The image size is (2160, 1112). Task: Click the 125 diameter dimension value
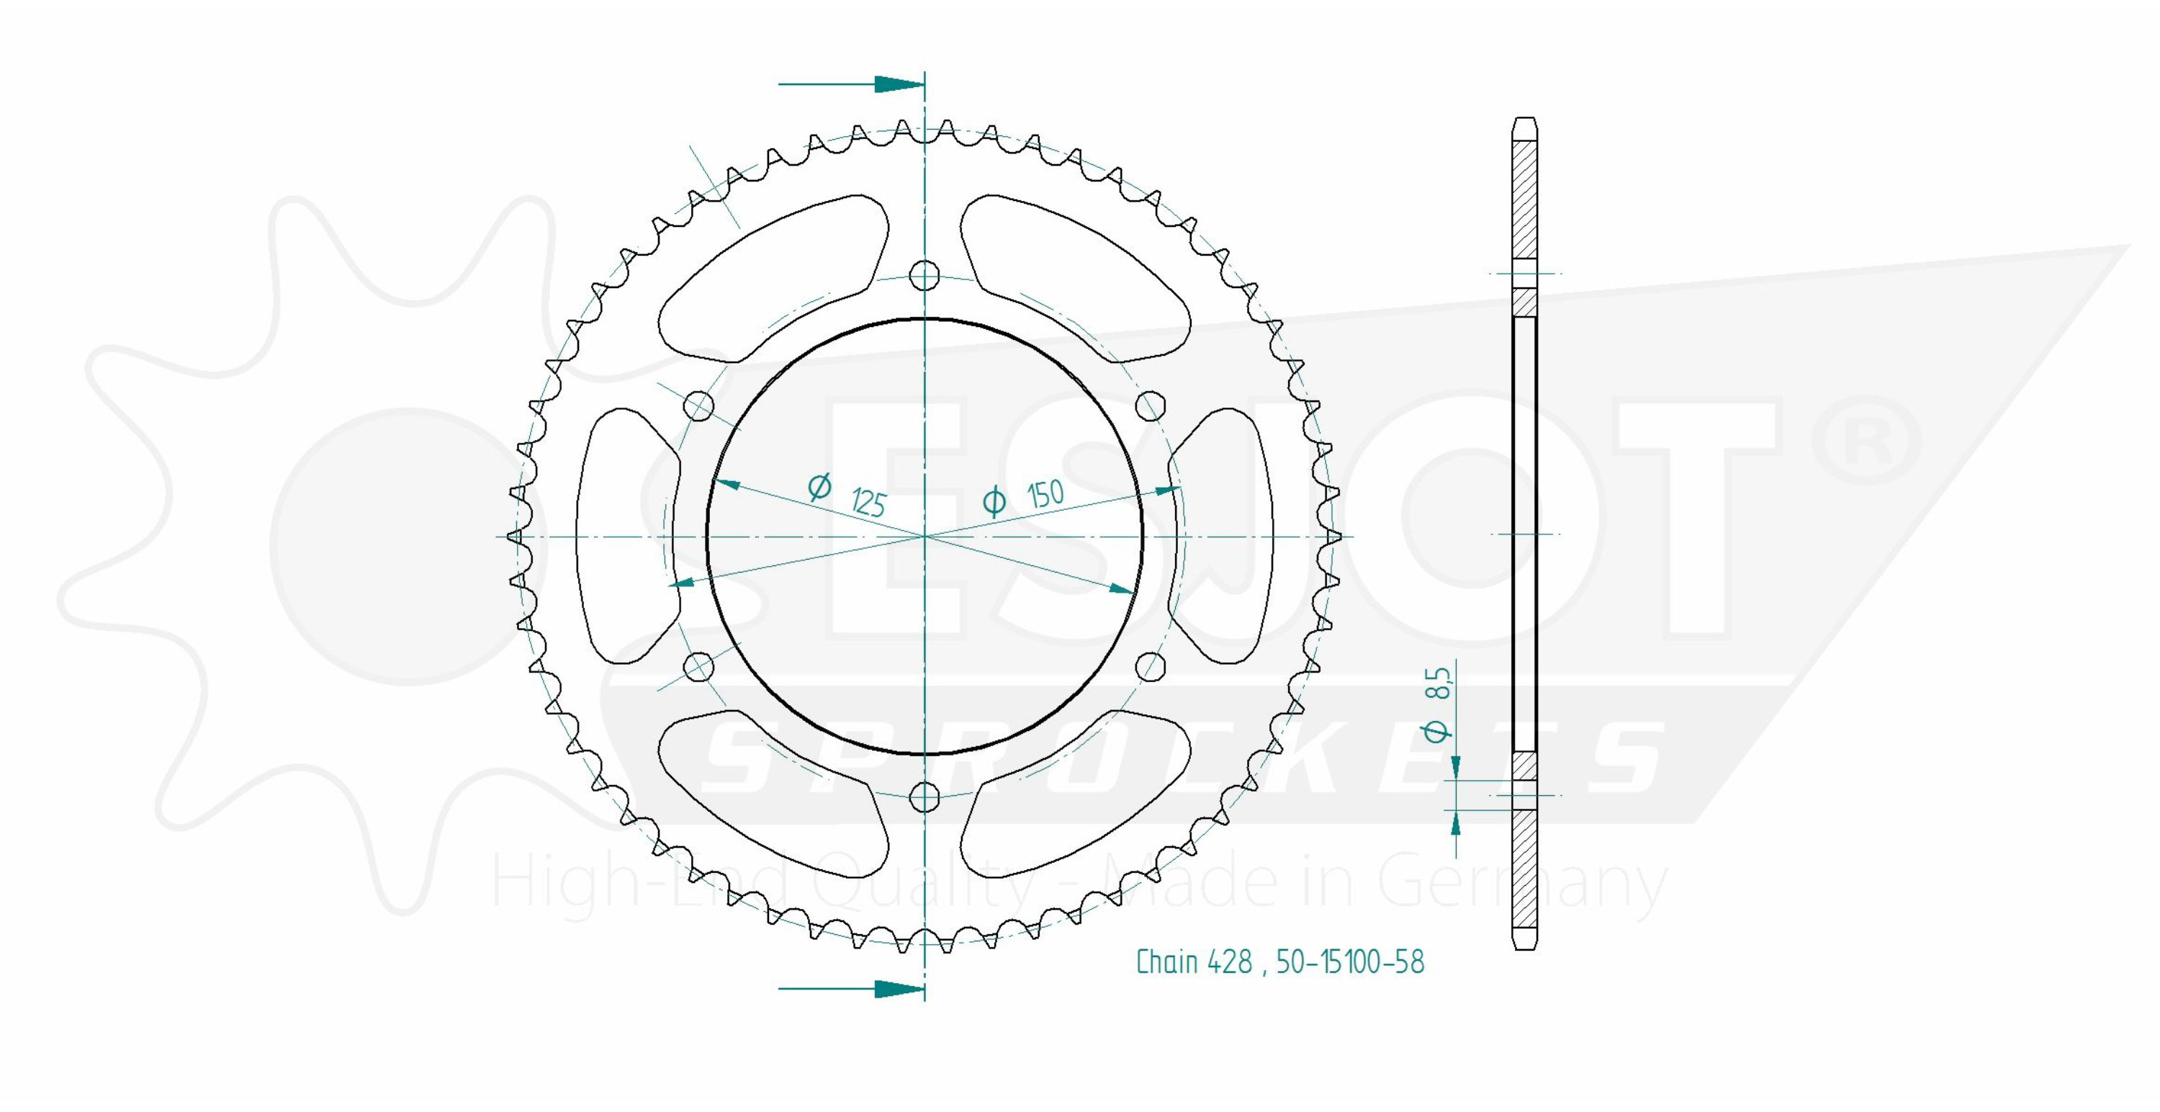click(x=869, y=502)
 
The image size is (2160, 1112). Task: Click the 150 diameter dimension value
click(x=1045, y=494)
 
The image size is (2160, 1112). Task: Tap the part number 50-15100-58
click(x=1350, y=962)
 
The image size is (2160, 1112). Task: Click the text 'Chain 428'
click(x=1194, y=962)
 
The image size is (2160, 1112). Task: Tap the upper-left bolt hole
click(x=698, y=407)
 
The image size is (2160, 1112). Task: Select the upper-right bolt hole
click(x=1151, y=407)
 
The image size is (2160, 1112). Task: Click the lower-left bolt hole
click(x=698, y=668)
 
